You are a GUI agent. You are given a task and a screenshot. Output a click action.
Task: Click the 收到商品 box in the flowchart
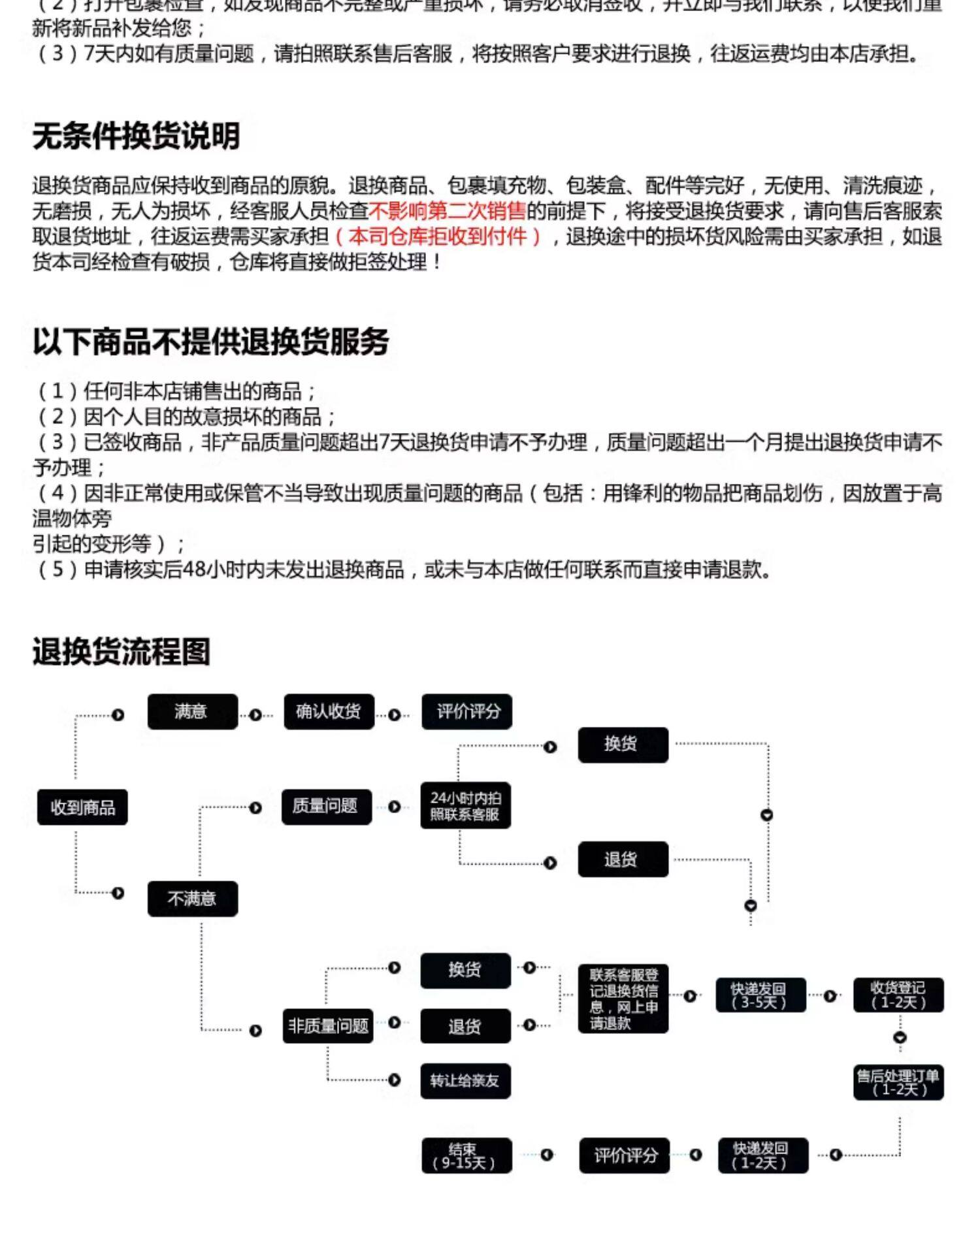pyautogui.click(x=82, y=807)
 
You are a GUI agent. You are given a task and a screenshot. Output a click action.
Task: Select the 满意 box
pyautogui.click(x=192, y=711)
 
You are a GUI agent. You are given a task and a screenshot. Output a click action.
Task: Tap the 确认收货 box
pyautogui.click(x=329, y=711)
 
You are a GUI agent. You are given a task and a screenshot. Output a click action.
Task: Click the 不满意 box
pyautogui.click(x=192, y=899)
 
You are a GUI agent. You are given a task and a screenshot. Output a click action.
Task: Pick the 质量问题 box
pyautogui.click(x=326, y=807)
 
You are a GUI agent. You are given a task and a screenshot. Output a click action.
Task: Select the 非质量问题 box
pyautogui.click(x=327, y=1025)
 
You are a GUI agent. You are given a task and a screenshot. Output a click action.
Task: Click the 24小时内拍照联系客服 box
pyautogui.click(x=465, y=806)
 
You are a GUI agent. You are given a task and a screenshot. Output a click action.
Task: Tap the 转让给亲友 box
pyautogui.click(x=465, y=1081)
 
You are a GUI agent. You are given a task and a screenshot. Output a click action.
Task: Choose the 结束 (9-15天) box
pyautogui.click(x=466, y=1155)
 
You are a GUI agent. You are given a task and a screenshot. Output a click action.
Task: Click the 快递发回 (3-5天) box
pyautogui.click(x=760, y=995)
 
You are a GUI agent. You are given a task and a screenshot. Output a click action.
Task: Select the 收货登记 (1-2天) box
pyautogui.click(x=898, y=995)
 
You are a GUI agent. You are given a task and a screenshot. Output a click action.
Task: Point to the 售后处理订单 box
pyautogui.click(x=898, y=1082)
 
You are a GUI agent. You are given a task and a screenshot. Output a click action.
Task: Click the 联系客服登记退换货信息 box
pyautogui.click(x=623, y=999)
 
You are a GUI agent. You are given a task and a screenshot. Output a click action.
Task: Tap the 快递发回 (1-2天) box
pyautogui.click(x=762, y=1155)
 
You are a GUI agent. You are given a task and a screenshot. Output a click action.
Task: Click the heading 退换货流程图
pyautogui.click(x=122, y=652)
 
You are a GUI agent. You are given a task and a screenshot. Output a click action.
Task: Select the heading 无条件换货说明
pyautogui.click(x=137, y=137)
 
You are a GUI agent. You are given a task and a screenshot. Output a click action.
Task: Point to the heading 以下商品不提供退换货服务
pyautogui.click(x=210, y=342)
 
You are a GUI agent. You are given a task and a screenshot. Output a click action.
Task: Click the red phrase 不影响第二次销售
pyautogui.click(x=448, y=211)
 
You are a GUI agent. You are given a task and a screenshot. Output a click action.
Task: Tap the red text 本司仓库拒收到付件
pyautogui.click(x=438, y=236)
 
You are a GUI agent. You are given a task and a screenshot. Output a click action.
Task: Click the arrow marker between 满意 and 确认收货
pyautogui.click(x=255, y=715)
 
